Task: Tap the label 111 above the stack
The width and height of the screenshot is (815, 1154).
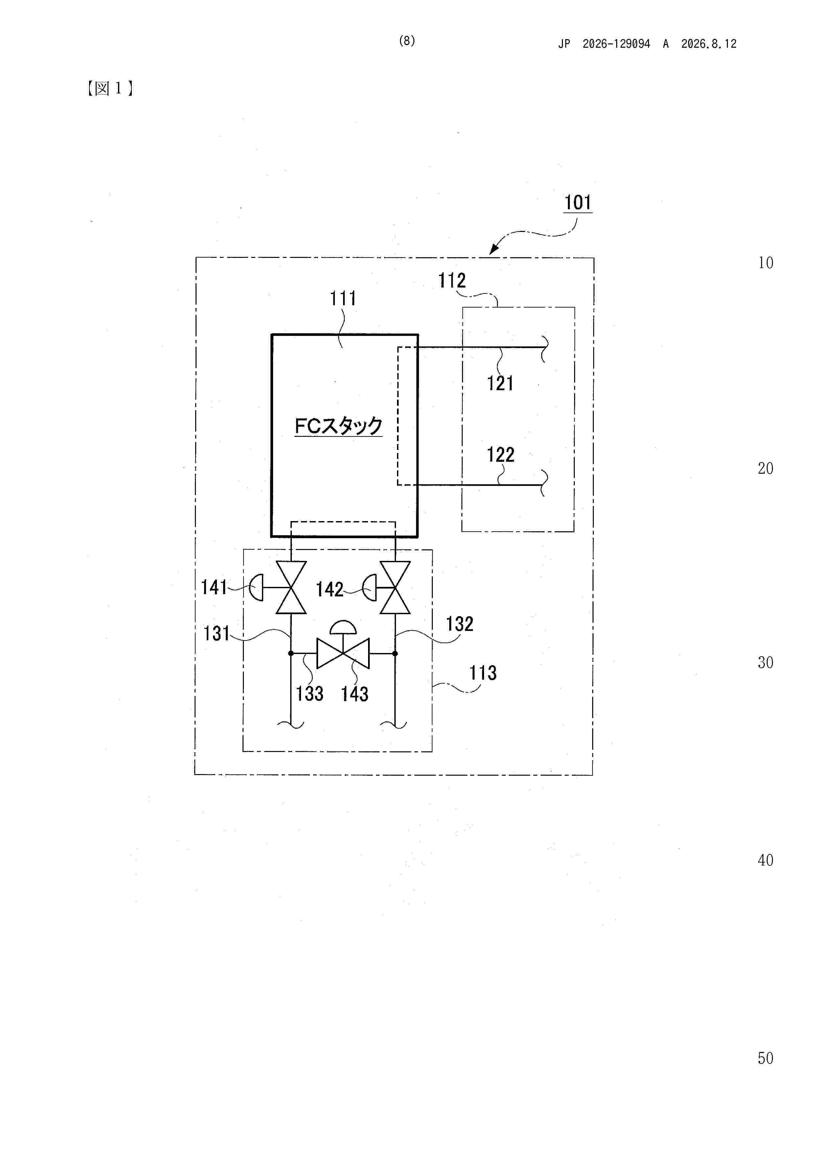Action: click(343, 299)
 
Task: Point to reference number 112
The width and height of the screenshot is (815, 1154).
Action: click(452, 281)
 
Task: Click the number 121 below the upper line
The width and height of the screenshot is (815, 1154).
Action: click(500, 384)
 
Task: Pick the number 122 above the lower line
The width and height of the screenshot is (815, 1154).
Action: click(501, 455)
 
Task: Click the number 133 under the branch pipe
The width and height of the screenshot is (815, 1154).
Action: click(309, 694)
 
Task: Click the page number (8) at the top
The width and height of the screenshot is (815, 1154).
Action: click(407, 41)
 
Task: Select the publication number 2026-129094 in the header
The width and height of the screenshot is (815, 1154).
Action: click(616, 44)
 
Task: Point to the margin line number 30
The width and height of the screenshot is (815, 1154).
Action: click(765, 663)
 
